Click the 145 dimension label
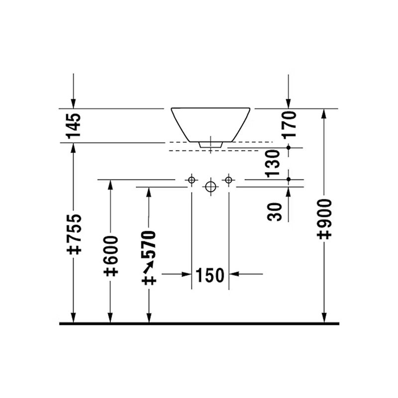click(x=74, y=126)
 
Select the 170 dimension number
click(x=289, y=124)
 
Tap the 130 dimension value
click(x=272, y=163)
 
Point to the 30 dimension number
click(x=275, y=212)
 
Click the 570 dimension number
click(x=148, y=244)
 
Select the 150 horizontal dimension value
click(x=210, y=276)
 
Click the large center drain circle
click(x=210, y=187)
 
